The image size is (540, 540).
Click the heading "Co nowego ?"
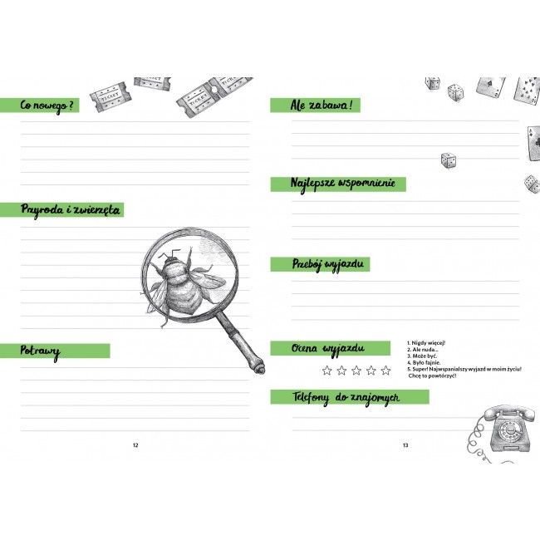[47, 106]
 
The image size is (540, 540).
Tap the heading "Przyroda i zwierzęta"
[71, 209]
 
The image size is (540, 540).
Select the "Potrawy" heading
[40, 351]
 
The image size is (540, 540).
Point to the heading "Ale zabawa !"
[321, 105]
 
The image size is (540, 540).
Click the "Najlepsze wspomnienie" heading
[342, 184]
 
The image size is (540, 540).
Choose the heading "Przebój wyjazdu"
[328, 264]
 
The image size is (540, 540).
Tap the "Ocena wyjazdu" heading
[327, 349]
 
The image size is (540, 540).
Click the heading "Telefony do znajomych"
[346, 398]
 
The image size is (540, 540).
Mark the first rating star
[326, 371]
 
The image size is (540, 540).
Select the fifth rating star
[385, 371]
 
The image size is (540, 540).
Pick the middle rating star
[356, 371]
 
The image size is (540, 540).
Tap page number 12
[135, 445]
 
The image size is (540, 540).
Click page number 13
[405, 445]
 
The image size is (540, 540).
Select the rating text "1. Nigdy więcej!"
[426, 343]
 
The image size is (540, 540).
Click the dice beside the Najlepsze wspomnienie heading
[449, 160]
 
